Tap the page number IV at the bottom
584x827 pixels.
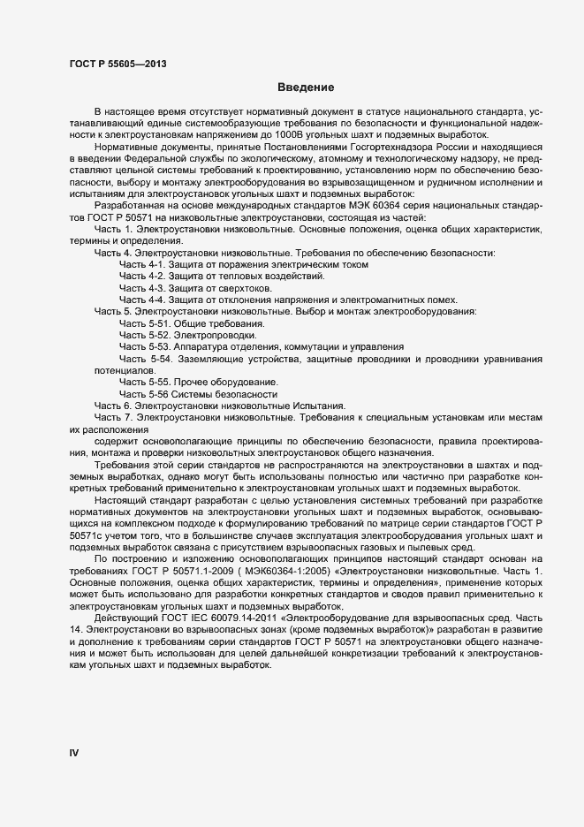click(x=74, y=753)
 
